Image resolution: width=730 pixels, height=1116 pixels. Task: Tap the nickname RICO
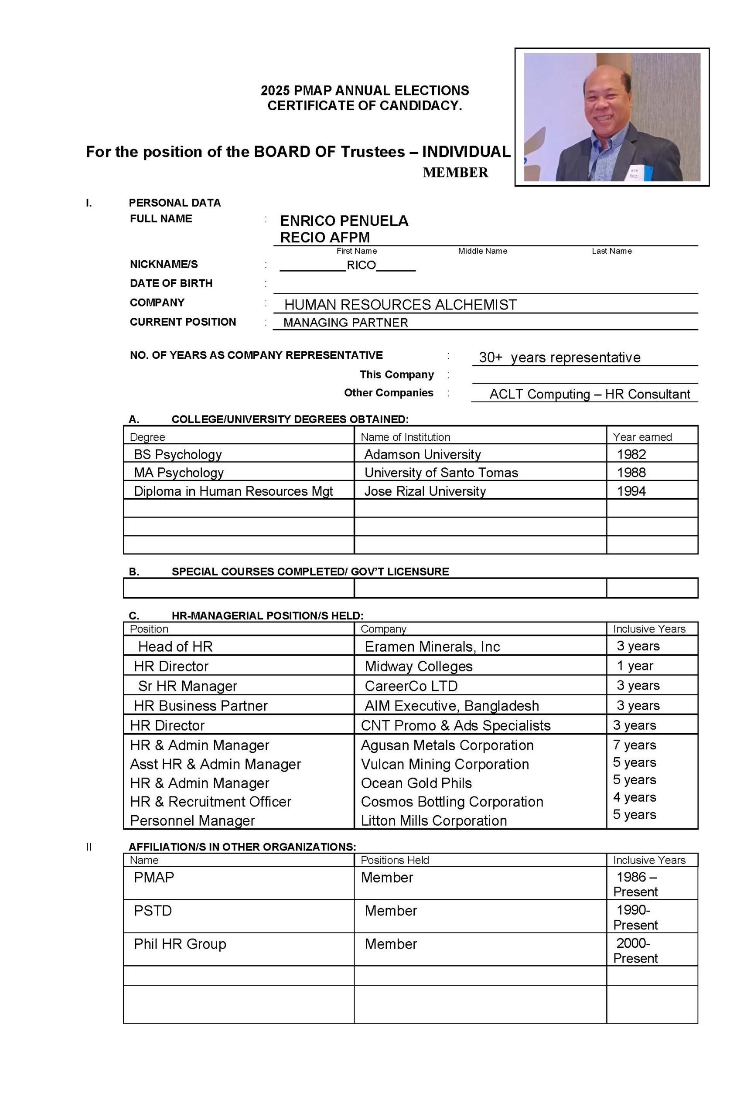pyautogui.click(x=361, y=265)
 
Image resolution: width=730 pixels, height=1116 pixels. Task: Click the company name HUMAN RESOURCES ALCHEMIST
pyautogui.click(x=400, y=305)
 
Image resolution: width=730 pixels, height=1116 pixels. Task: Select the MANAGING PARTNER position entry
pyautogui.click(x=345, y=323)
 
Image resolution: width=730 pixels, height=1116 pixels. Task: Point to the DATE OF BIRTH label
pyautogui.click(x=171, y=283)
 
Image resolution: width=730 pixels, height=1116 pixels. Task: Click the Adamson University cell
pyautogui.click(x=422, y=454)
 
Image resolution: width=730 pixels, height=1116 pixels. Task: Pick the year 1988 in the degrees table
pyautogui.click(x=631, y=473)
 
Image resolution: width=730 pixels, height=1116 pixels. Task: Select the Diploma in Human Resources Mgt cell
pyautogui.click(x=233, y=491)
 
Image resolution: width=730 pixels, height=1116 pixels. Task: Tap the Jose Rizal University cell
pyautogui.click(x=425, y=491)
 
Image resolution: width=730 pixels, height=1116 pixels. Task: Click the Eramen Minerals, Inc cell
pyautogui.click(x=432, y=646)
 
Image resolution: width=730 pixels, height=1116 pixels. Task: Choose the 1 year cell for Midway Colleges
pyautogui.click(x=635, y=666)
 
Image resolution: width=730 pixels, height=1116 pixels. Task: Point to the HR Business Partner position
pyautogui.click(x=200, y=706)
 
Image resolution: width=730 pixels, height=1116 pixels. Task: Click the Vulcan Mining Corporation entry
pyautogui.click(x=444, y=764)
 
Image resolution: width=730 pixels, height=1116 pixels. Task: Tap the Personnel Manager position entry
pyautogui.click(x=192, y=820)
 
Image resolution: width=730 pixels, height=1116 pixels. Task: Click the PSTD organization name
pyautogui.click(x=153, y=911)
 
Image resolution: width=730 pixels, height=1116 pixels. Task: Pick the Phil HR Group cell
pyautogui.click(x=180, y=944)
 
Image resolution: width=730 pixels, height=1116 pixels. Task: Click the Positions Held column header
pyautogui.click(x=395, y=860)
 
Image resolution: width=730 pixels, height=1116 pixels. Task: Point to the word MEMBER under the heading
pyautogui.click(x=455, y=173)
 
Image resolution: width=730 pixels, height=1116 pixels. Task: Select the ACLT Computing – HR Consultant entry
pyautogui.click(x=589, y=394)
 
